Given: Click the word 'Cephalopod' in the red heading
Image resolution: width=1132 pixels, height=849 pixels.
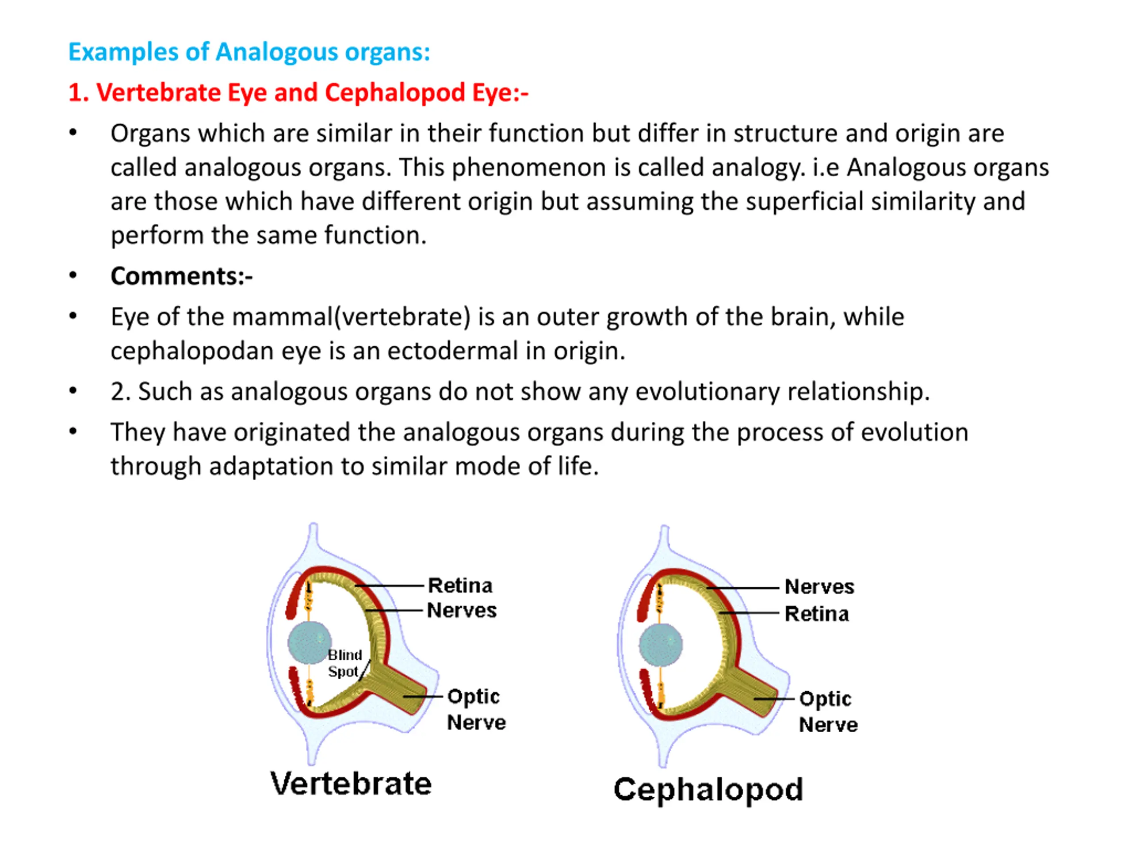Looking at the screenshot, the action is coord(395,94).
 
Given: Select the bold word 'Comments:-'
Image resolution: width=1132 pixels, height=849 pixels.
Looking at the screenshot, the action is coord(182,276).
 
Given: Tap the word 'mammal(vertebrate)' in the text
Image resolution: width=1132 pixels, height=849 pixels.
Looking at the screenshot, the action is coord(351,317).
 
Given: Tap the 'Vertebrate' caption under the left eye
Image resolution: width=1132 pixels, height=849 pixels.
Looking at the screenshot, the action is coord(351,784).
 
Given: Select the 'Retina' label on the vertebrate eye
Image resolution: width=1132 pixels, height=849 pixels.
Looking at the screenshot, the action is coord(460,585).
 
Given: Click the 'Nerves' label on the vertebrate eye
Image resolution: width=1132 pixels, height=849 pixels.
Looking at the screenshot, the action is coord(462,611).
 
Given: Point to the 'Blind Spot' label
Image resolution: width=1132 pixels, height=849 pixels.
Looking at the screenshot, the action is coord(344,663).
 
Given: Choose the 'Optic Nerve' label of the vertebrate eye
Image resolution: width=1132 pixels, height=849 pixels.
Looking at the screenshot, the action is coord(476,710).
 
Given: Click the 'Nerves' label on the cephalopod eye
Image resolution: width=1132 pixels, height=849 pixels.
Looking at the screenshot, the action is coord(819,587).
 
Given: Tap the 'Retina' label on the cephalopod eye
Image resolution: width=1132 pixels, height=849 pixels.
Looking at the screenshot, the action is coord(817,614).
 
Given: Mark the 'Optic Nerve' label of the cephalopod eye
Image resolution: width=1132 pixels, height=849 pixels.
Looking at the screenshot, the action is coord(828,712).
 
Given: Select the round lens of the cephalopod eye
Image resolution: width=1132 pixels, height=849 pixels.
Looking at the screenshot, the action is coord(661,645).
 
